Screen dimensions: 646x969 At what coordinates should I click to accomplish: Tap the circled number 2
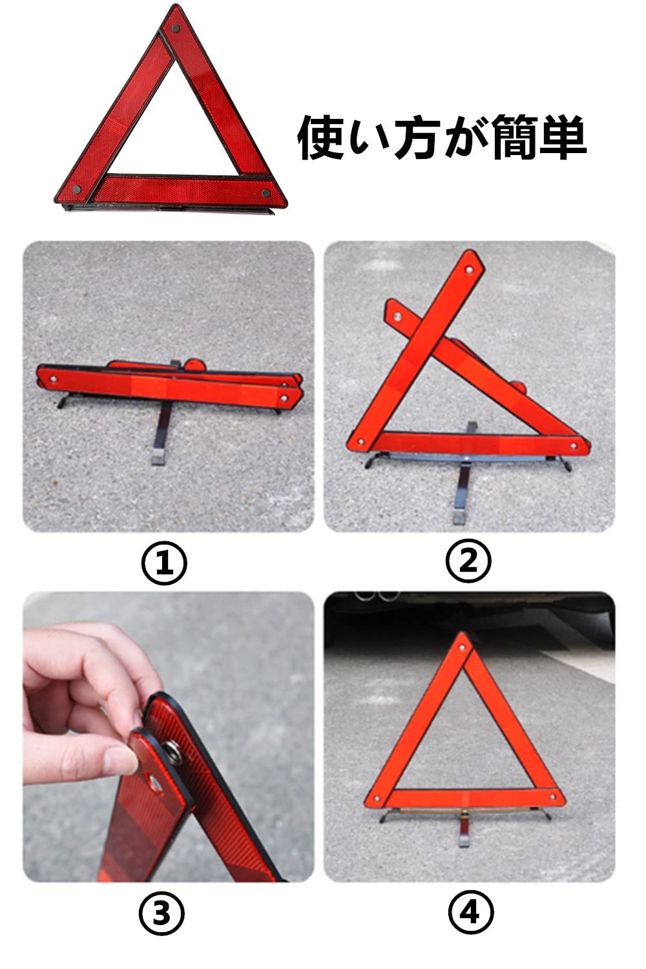click(x=468, y=561)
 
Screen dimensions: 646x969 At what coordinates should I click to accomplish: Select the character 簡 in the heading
click(x=514, y=138)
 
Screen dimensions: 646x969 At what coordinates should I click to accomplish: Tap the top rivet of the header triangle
click(x=175, y=28)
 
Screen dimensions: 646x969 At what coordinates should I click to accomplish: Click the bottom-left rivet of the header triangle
click(x=77, y=189)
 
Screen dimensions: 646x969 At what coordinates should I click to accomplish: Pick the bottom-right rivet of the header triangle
click(x=266, y=193)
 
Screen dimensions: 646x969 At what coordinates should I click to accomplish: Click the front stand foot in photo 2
click(x=459, y=517)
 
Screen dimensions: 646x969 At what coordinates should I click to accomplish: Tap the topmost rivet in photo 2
click(x=470, y=270)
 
